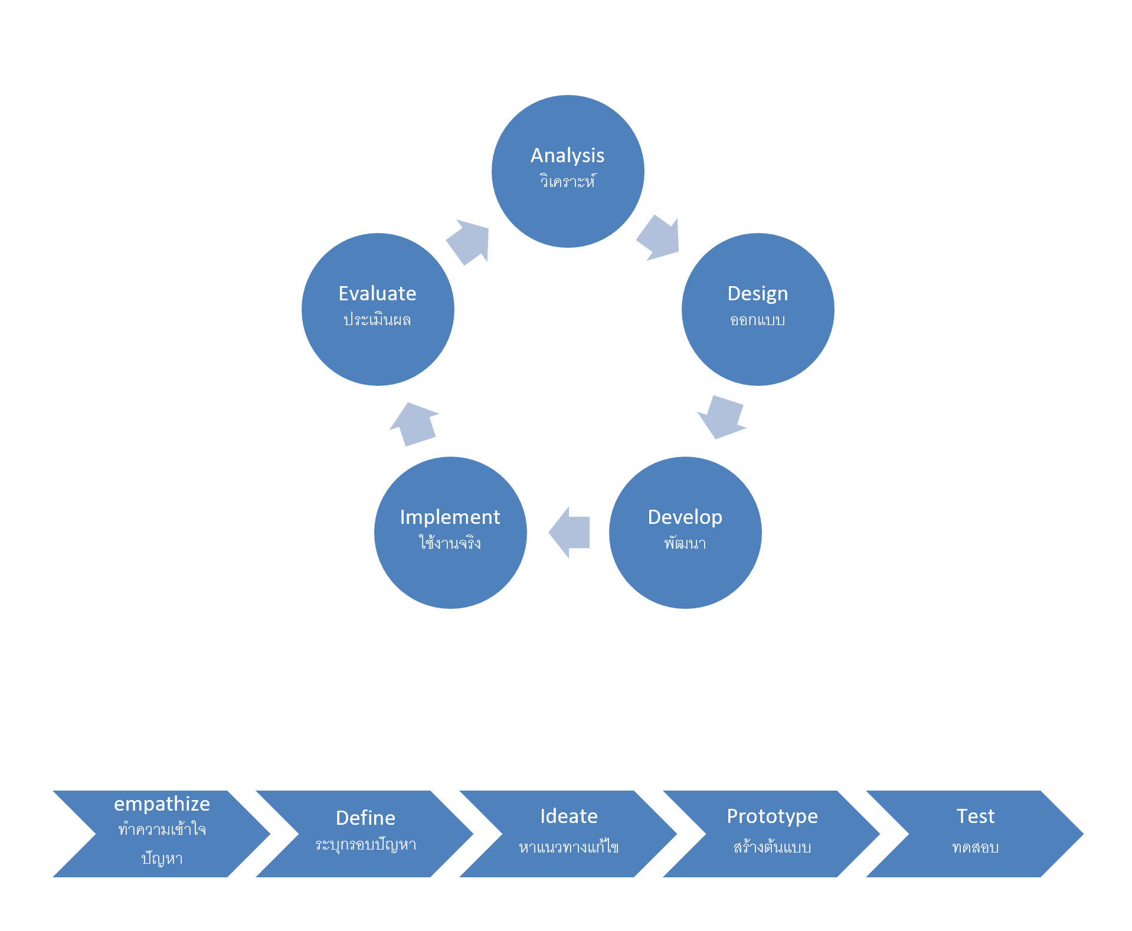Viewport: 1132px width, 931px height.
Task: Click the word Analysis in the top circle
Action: pyautogui.click(x=567, y=156)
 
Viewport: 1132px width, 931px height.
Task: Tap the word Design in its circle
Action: pyautogui.click(x=757, y=294)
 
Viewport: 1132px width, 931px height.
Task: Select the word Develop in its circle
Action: pyautogui.click(x=685, y=517)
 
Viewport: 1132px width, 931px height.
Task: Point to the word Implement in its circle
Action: pyautogui.click(x=450, y=517)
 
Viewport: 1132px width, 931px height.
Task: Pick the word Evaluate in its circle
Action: pyautogui.click(x=377, y=294)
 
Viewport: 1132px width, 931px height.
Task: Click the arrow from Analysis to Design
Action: pyautogui.click(x=659, y=238)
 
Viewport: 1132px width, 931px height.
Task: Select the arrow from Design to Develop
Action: pyautogui.click(x=722, y=417)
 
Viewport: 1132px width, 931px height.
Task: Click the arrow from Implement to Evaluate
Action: pyautogui.click(x=415, y=424)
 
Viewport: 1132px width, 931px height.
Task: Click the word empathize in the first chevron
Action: pyautogui.click(x=162, y=804)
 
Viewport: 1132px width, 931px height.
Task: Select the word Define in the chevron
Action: pyautogui.click(x=365, y=818)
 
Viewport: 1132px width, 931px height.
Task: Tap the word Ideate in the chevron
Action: pyautogui.click(x=568, y=817)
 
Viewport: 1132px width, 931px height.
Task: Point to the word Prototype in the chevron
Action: pyautogui.click(x=772, y=817)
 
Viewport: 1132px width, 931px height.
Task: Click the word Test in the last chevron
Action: pyautogui.click(x=975, y=817)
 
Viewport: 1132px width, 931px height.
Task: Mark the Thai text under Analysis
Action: pyautogui.click(x=567, y=181)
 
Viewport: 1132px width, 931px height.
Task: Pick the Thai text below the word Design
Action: pyautogui.click(x=757, y=320)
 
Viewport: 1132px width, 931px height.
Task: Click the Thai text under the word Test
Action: pyautogui.click(x=975, y=848)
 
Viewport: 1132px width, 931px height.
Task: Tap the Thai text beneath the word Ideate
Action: pyautogui.click(x=568, y=847)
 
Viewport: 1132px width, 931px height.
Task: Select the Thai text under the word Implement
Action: pyautogui.click(x=450, y=543)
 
